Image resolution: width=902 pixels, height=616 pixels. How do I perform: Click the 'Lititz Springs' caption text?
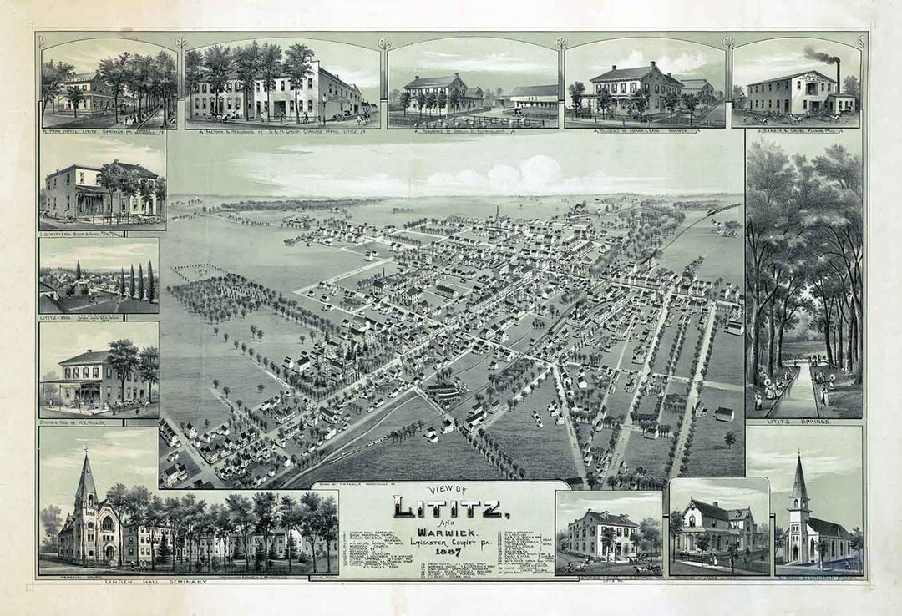pyautogui.click(x=803, y=422)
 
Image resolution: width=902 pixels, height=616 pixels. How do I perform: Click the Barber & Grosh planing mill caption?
pyautogui.click(x=798, y=131)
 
